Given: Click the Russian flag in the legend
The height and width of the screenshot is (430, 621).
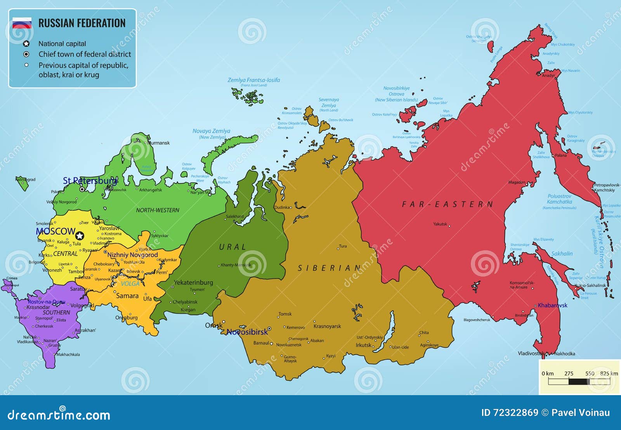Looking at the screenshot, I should [22, 23].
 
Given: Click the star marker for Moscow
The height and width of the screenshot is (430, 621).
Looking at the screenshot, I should [80, 236].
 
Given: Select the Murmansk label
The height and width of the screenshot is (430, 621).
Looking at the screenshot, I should [159, 143].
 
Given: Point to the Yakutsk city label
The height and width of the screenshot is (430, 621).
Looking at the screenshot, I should [440, 224].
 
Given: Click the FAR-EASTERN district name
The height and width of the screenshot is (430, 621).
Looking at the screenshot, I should [448, 204].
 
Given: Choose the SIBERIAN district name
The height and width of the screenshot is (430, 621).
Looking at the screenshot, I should [330, 268].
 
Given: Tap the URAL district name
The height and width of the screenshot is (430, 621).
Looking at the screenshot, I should [232, 247].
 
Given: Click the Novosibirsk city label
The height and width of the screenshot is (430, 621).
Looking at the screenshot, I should [247, 332].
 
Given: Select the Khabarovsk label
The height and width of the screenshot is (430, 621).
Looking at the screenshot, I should [552, 305].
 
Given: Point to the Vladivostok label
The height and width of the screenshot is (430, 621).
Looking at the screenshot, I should [530, 353].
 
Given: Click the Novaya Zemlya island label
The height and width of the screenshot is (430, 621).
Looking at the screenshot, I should [212, 131].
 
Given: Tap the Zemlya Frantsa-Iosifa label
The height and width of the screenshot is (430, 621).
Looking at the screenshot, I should [253, 80].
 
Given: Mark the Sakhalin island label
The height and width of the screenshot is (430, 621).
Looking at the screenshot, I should [562, 254].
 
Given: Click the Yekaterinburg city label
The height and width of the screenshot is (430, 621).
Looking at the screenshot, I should [193, 282].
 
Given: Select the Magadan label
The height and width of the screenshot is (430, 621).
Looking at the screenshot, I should [517, 182].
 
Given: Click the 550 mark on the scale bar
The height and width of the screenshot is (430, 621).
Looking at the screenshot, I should [590, 373].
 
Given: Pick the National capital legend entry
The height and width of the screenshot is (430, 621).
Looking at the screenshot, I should [62, 44].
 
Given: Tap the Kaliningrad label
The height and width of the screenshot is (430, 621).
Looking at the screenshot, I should [25, 179].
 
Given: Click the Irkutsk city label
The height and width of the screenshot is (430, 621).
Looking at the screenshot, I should [364, 345].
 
